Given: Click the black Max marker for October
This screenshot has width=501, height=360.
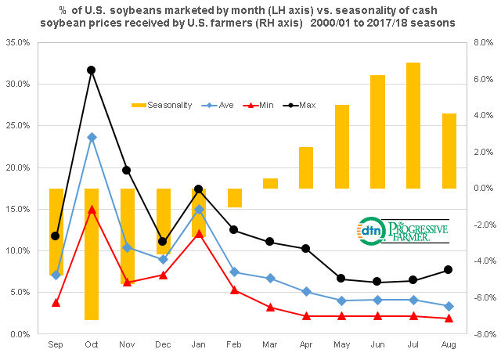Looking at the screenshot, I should [92, 70].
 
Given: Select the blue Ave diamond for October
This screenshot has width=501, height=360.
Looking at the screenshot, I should [92, 137].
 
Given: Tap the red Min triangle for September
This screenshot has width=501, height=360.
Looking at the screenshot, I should [56, 302].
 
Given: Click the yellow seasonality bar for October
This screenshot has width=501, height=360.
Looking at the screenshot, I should [92, 254].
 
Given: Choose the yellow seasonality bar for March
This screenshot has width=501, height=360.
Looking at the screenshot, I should [270, 183].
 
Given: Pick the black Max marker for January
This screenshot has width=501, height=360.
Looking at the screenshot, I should [199, 189].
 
